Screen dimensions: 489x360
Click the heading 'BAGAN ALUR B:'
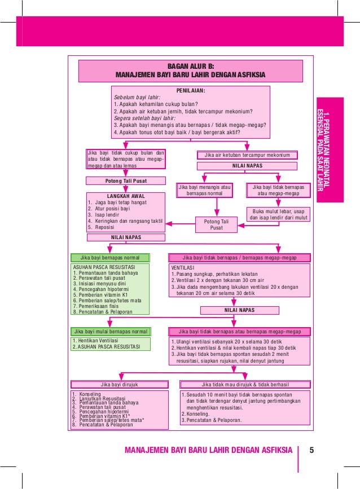tap(190, 65)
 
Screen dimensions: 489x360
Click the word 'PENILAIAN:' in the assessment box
tap(191, 90)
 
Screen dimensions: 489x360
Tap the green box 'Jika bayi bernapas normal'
tap(111, 258)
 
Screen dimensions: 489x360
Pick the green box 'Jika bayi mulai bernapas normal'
tap(111, 332)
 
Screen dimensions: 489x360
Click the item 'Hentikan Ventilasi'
tap(97, 341)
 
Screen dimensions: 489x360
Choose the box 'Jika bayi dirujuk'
tap(118, 385)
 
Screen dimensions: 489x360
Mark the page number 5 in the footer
tap(311, 450)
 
